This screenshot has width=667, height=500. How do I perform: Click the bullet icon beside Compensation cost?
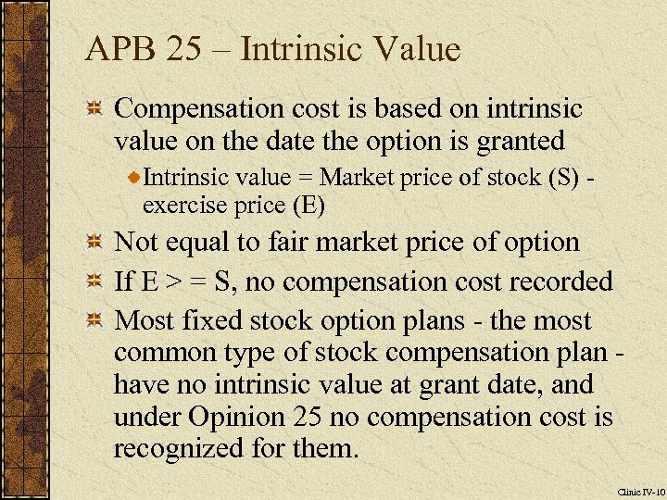pos(94,110)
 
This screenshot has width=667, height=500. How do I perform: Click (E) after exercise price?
pos(308,205)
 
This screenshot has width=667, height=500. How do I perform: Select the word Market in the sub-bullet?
pos(357,176)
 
